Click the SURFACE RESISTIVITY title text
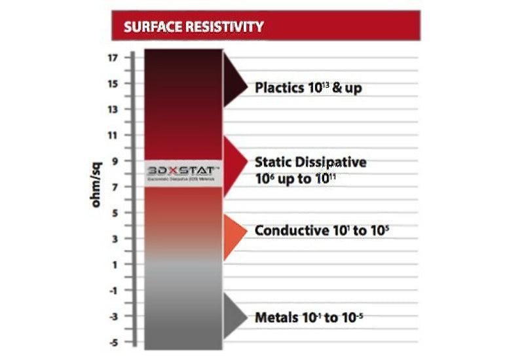(194, 27)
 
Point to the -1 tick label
(113, 290)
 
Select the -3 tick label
(113, 316)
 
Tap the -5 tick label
(113, 342)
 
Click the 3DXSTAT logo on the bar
(183, 171)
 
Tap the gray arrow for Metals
(233, 317)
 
